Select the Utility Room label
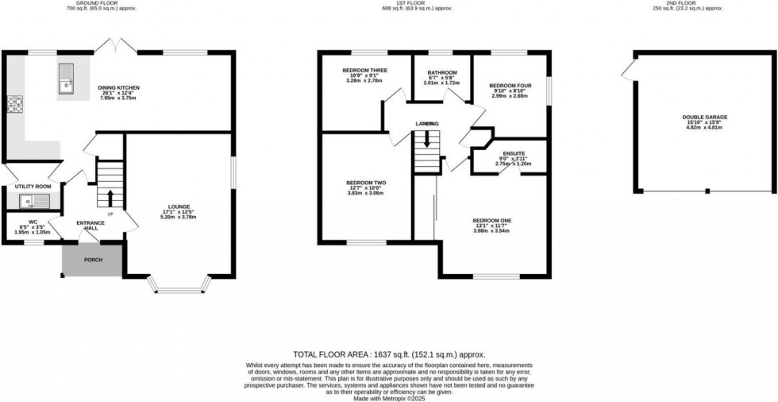point(33,186)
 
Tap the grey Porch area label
point(93,260)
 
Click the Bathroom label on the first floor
point(441,72)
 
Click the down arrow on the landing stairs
point(427,139)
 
